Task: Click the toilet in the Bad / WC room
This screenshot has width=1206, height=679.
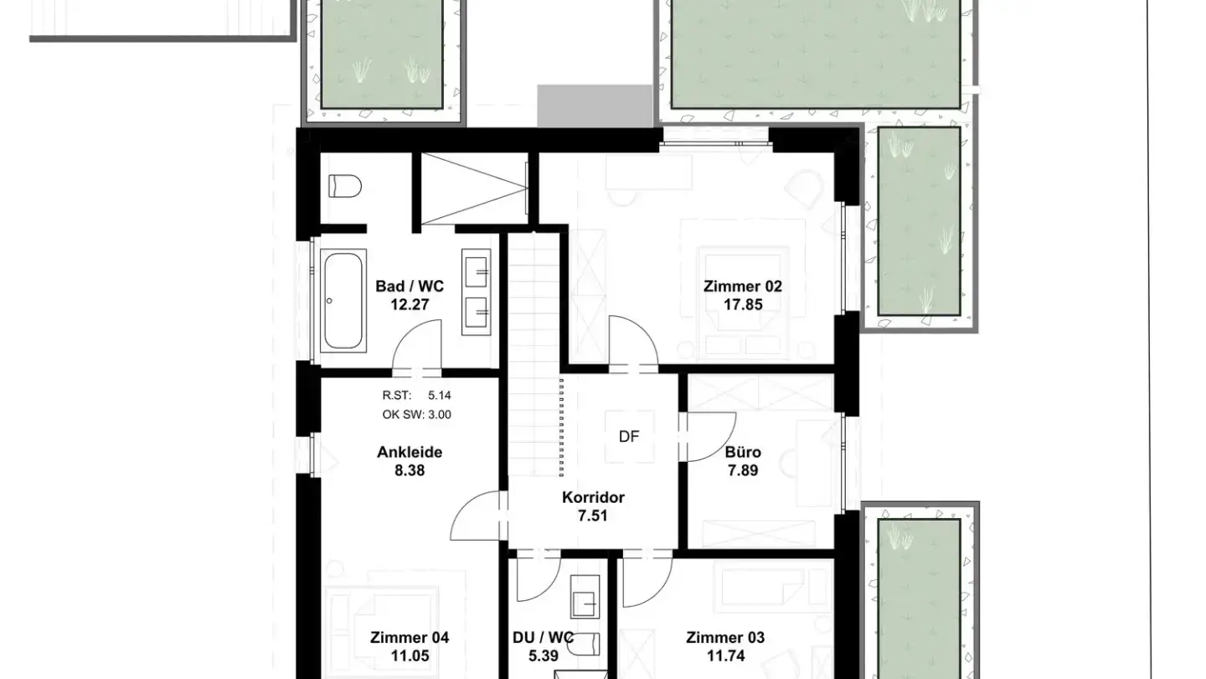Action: pos(344,185)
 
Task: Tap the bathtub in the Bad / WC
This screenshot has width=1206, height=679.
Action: pos(343,301)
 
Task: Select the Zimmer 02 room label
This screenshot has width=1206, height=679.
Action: pos(742,286)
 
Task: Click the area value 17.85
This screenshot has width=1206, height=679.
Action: pos(743,304)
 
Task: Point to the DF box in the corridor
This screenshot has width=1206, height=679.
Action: pos(630,437)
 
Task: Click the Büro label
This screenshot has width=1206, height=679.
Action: pos(743,452)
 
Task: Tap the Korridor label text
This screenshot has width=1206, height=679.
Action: pos(593,497)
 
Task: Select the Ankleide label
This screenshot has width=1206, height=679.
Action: pos(410,452)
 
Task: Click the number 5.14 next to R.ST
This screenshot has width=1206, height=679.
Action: pos(440,395)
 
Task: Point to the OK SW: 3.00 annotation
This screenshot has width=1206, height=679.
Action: pos(417,414)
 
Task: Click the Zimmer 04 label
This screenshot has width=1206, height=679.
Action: pos(410,637)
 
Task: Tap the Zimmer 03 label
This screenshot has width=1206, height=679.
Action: pos(725,637)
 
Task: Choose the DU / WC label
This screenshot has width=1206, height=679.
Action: pos(544,637)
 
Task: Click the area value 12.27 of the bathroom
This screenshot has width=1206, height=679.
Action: pos(410,304)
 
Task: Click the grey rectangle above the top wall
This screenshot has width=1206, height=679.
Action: pos(595,106)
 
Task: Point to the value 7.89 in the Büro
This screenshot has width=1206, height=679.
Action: pos(743,470)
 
